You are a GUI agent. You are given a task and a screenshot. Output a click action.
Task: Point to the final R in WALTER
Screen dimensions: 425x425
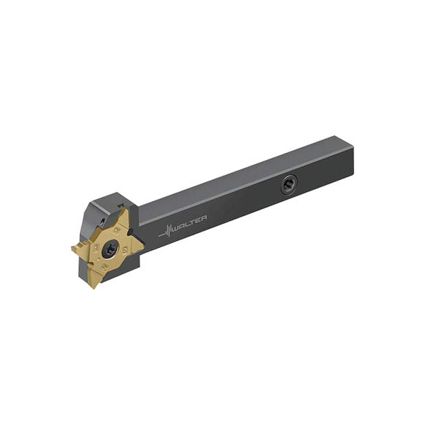point(205,218)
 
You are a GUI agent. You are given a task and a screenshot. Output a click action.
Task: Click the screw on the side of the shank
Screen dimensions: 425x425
point(288,185)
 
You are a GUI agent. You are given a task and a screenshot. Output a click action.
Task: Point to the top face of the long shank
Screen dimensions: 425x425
point(241,177)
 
